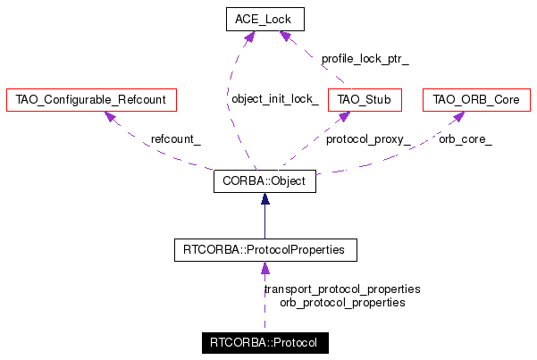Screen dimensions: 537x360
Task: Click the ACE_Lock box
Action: point(265,19)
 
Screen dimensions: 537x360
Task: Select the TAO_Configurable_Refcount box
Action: point(91,100)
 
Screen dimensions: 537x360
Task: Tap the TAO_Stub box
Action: point(365,100)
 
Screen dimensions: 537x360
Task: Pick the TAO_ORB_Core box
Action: point(476,100)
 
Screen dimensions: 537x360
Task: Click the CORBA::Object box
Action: point(264,181)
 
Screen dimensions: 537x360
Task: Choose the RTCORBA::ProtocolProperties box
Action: point(265,250)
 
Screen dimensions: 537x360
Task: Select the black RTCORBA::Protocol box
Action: point(265,343)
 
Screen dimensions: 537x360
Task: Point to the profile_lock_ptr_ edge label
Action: point(365,59)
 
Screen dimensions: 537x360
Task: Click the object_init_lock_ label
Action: point(275,99)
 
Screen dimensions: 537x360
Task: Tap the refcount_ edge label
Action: point(176,139)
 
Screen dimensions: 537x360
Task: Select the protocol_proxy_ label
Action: point(368,139)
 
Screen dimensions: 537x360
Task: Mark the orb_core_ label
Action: point(466,139)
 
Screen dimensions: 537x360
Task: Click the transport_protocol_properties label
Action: point(342,289)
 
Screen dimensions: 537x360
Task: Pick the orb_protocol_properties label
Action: point(342,303)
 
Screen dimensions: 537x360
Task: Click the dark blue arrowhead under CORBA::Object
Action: point(264,198)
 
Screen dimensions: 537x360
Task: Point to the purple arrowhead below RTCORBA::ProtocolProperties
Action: point(265,268)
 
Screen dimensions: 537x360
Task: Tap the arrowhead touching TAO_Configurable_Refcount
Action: point(110,116)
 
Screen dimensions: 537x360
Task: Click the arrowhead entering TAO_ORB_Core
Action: point(458,116)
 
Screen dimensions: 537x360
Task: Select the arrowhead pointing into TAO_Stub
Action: point(344,116)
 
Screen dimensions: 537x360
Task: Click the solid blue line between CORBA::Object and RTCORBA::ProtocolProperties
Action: point(264,222)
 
